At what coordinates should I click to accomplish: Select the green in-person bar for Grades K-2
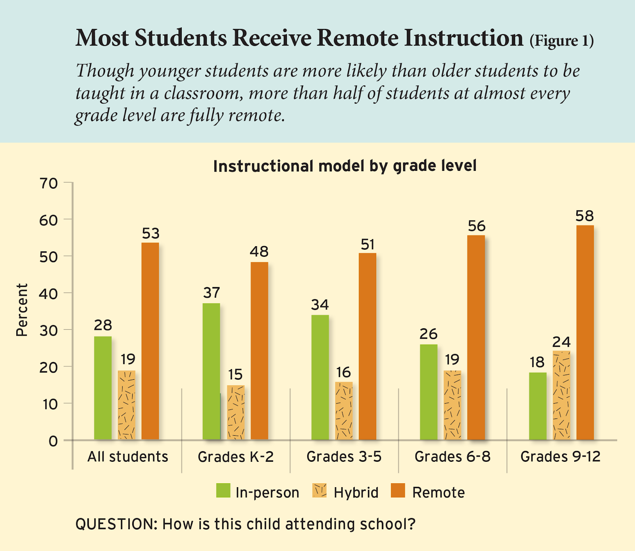(211, 371)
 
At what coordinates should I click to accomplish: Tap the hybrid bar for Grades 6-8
(452, 405)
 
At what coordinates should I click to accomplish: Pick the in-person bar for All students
(103, 388)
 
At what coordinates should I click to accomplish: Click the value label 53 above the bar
(150, 233)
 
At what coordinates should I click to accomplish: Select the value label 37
(211, 293)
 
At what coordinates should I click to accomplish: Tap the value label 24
(561, 342)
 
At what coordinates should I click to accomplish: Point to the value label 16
(343, 372)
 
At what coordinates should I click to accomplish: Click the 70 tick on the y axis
(48, 183)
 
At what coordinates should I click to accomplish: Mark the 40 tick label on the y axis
(48, 293)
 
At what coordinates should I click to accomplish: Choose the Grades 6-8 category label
(452, 457)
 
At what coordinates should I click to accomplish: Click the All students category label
(127, 457)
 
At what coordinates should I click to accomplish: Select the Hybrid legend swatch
(319, 491)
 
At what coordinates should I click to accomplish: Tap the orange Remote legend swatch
(398, 491)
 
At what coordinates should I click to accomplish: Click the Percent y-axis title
(22, 310)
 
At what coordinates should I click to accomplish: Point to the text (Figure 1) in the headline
(562, 40)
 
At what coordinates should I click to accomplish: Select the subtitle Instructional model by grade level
(344, 166)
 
